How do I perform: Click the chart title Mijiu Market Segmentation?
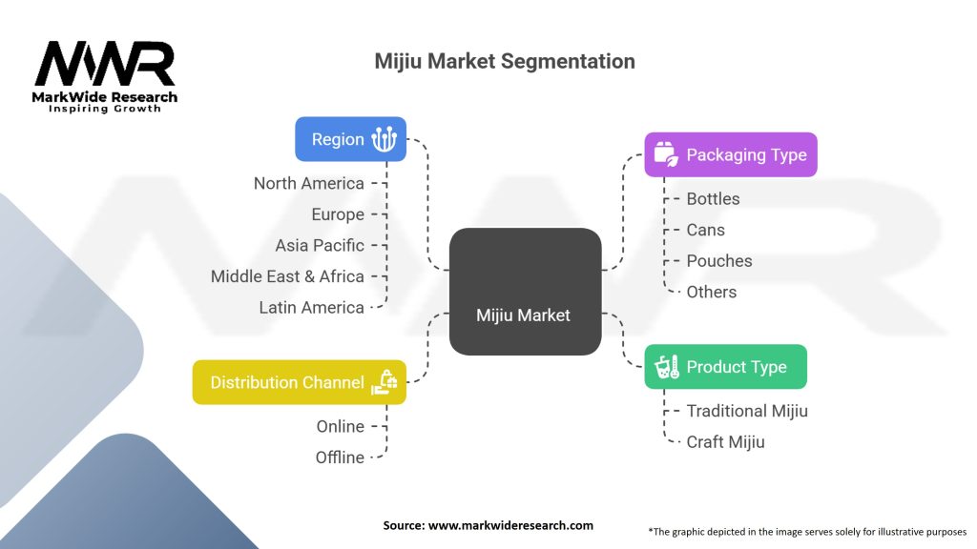pos(505,62)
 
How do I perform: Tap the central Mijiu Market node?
pos(524,315)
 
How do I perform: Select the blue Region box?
pos(350,139)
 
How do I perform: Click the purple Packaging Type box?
pos(730,154)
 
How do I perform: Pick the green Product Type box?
pos(725,367)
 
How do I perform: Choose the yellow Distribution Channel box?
pos(299,382)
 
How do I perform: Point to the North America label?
pos(308,183)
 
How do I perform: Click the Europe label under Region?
pos(338,214)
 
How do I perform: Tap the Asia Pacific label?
pos(320,245)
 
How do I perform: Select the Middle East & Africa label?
pos(287,276)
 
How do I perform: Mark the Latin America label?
pos(311,307)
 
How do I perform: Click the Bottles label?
pos(713,198)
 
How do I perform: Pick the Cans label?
pos(705,230)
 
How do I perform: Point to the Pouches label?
pos(718,260)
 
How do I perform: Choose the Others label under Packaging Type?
pos(711,292)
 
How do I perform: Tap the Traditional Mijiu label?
pos(746,411)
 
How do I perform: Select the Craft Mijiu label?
pos(725,441)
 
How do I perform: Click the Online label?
pos(340,426)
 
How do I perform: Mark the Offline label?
pos(340,457)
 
